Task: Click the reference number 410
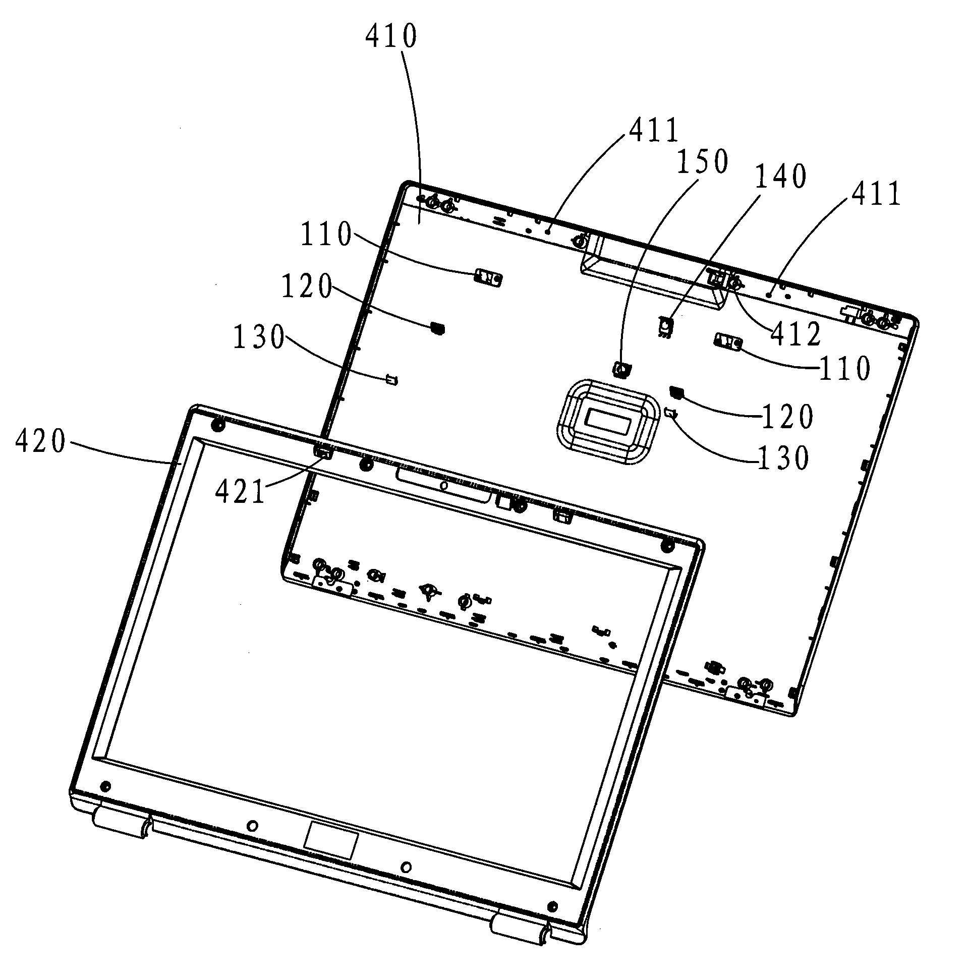391,36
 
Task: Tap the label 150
703,161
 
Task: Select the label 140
780,177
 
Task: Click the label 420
40,441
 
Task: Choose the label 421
240,491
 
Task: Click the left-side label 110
326,235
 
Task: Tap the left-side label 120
306,286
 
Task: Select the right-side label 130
783,458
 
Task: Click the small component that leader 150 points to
621,369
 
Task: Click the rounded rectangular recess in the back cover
608,421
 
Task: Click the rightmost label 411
876,194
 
